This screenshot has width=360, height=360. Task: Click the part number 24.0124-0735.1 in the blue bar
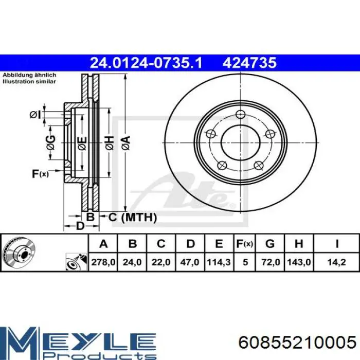[146, 63]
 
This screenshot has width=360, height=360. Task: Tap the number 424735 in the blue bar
[249, 63]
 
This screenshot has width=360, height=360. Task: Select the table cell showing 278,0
[103, 262]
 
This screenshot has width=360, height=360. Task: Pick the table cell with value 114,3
[219, 262]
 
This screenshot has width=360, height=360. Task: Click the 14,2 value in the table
[336, 262]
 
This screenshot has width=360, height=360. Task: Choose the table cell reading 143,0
[299, 262]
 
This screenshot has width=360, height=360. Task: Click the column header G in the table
[270, 244]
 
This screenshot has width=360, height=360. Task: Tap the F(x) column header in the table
[245, 244]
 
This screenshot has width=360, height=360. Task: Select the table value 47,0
[190, 262]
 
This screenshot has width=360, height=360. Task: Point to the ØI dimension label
[35, 115]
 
